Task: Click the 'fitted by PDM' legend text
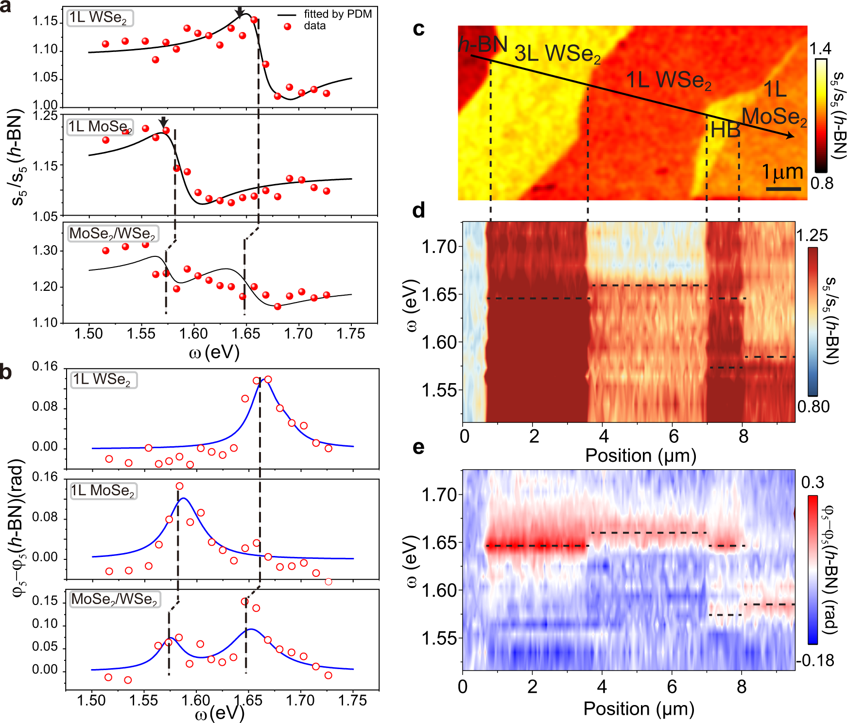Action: (x=337, y=14)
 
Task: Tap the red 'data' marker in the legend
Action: (x=287, y=26)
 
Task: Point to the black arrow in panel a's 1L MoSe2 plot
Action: (x=163, y=122)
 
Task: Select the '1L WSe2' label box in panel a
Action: (x=99, y=18)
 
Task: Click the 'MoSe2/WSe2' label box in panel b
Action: (x=115, y=599)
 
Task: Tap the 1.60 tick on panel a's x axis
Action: (x=193, y=334)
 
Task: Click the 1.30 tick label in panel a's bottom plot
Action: (x=45, y=251)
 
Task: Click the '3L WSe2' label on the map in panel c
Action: (x=557, y=53)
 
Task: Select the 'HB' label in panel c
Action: (x=725, y=130)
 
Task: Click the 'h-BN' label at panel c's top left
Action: (x=483, y=45)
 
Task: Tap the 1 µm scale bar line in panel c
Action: (x=783, y=188)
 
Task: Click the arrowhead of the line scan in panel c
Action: (x=791, y=136)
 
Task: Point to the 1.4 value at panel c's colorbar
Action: (x=820, y=49)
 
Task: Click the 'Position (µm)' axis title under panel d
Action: (x=640, y=455)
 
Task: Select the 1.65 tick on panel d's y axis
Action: (x=439, y=294)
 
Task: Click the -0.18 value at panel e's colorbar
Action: (x=815, y=660)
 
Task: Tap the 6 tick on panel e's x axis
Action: (x=672, y=687)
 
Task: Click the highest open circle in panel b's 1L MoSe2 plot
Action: (x=179, y=486)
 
